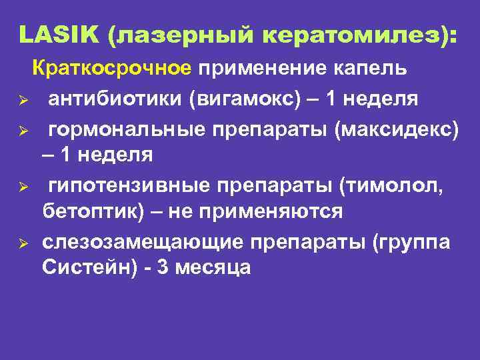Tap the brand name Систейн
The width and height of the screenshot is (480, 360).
(x=84, y=268)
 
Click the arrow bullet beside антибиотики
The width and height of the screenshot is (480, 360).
(x=22, y=101)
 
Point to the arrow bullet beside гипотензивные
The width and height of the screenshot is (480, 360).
(x=22, y=186)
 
